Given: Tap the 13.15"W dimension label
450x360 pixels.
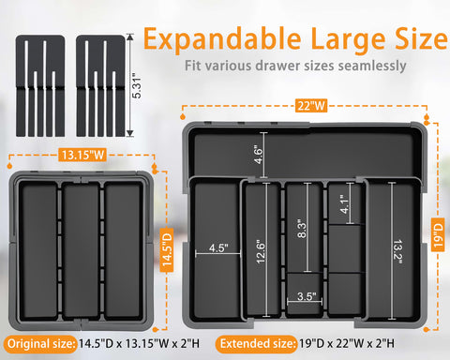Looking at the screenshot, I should click(x=79, y=155).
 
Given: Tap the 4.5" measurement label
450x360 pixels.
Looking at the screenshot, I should click(x=217, y=249).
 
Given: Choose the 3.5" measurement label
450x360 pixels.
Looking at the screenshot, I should click(x=305, y=297).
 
